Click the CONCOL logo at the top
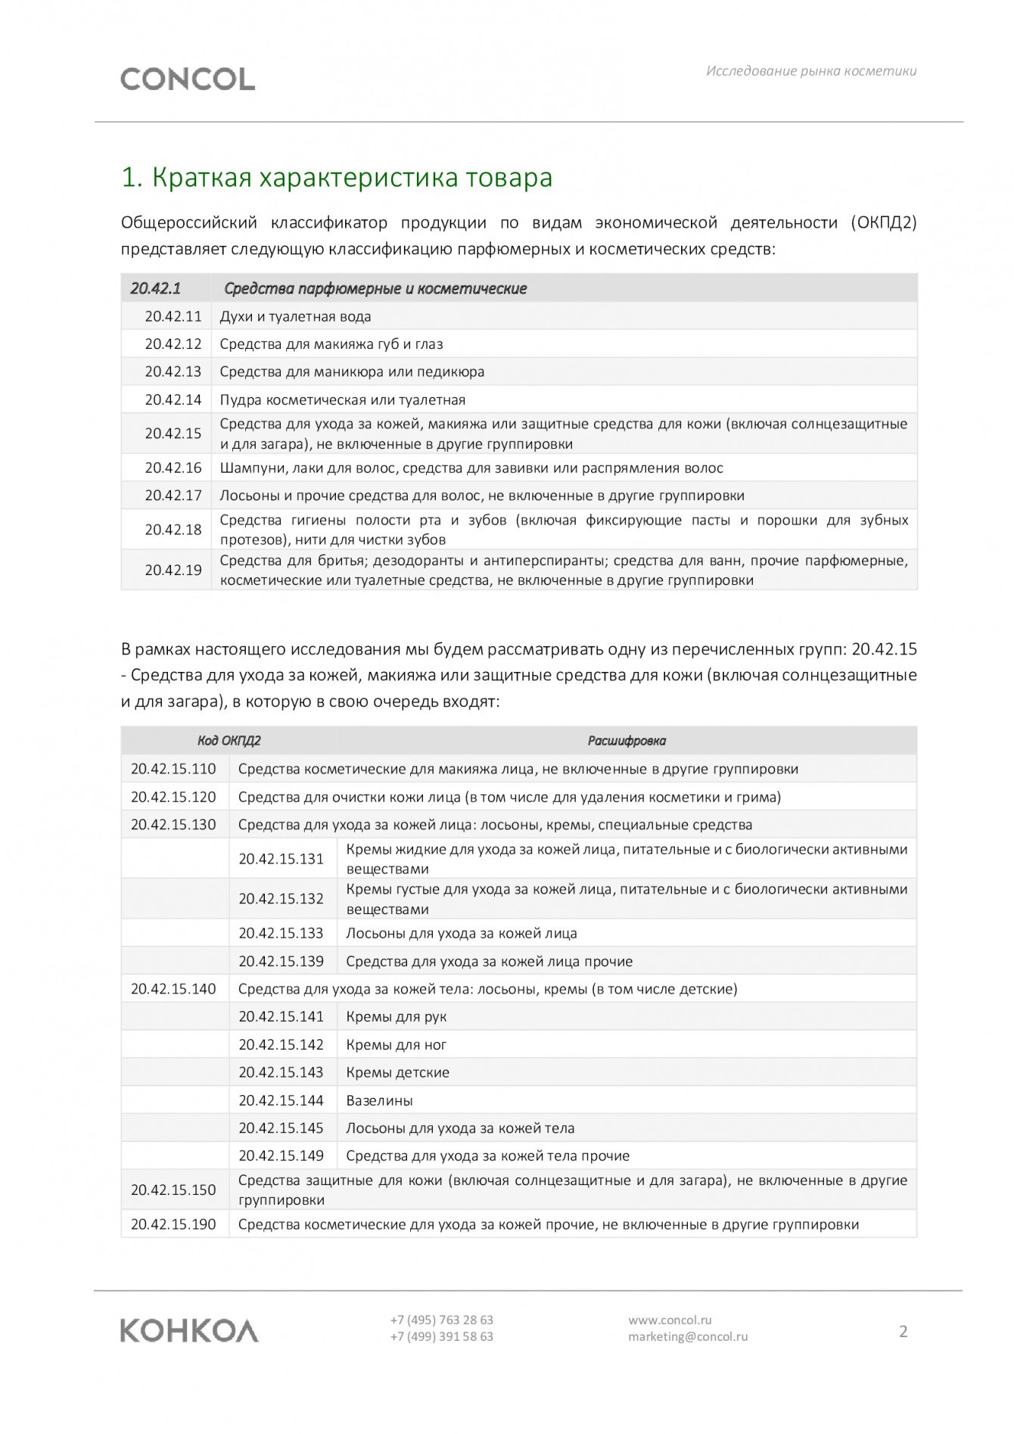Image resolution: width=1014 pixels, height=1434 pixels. [x=188, y=79]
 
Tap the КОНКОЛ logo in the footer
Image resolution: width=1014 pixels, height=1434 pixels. [x=189, y=1330]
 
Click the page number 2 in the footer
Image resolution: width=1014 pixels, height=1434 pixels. [x=903, y=1331]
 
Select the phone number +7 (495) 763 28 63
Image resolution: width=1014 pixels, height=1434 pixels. [x=441, y=1320]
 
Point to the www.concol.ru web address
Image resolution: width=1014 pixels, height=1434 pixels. [x=670, y=1320]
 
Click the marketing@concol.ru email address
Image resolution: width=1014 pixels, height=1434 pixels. [x=687, y=1336]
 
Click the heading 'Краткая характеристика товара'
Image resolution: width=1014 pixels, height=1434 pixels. [x=337, y=177]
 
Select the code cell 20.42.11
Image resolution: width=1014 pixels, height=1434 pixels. [x=173, y=316]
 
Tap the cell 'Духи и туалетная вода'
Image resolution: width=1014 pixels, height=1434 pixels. [x=295, y=316]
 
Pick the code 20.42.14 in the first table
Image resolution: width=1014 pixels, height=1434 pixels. [x=173, y=400]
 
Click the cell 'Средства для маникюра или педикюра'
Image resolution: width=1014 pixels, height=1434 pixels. [x=352, y=372]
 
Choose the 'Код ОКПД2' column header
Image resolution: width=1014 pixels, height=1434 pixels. [x=229, y=741]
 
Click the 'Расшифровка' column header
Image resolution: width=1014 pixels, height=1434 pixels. [x=627, y=741]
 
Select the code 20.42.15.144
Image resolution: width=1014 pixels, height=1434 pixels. [x=281, y=1100]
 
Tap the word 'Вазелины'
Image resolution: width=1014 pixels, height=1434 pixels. [x=379, y=1100]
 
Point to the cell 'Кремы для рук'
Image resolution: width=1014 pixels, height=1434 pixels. [x=396, y=1016]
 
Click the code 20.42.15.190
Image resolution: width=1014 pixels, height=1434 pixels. [x=173, y=1224]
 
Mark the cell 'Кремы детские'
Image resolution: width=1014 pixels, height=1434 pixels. [x=397, y=1072]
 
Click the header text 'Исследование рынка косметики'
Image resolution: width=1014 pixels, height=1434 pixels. [x=811, y=71]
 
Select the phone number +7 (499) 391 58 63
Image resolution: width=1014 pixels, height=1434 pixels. [x=441, y=1336]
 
